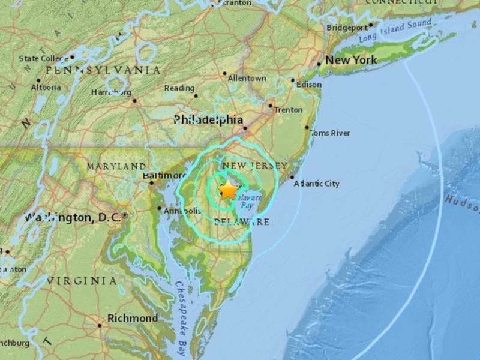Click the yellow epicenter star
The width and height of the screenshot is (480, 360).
click(x=229, y=190)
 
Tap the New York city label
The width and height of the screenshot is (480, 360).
click(x=351, y=60)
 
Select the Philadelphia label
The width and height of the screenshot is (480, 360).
click(x=208, y=120)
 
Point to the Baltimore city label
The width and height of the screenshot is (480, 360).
click(x=165, y=175)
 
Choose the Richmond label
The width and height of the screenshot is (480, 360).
click(x=133, y=318)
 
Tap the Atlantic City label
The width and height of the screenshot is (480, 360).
click(x=316, y=184)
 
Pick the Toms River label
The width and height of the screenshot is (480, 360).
click(x=331, y=133)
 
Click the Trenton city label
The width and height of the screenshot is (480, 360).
click(x=287, y=110)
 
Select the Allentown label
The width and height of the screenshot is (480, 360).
click(x=247, y=78)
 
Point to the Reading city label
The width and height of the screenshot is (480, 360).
click(x=179, y=88)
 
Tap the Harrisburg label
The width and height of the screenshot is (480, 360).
click(x=110, y=92)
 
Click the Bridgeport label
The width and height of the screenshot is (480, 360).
click(x=346, y=28)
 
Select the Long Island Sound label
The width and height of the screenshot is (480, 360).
click(x=396, y=29)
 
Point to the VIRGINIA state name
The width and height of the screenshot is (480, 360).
click(x=83, y=280)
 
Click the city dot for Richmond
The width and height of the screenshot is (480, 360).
click(x=100, y=326)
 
